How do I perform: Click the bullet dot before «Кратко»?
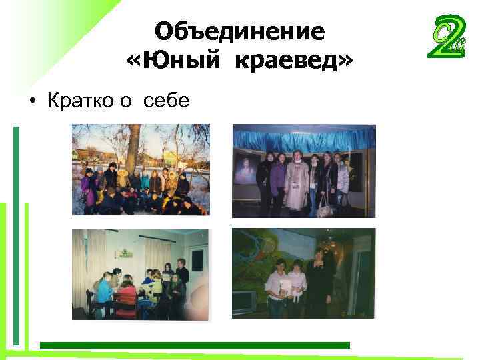[x=31, y=102]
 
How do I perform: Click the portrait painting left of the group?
[x=245, y=167]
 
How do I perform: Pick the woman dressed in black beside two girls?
[x=319, y=280]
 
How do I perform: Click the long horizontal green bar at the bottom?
[x=193, y=345]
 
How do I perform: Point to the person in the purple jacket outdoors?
[x=86, y=189]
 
